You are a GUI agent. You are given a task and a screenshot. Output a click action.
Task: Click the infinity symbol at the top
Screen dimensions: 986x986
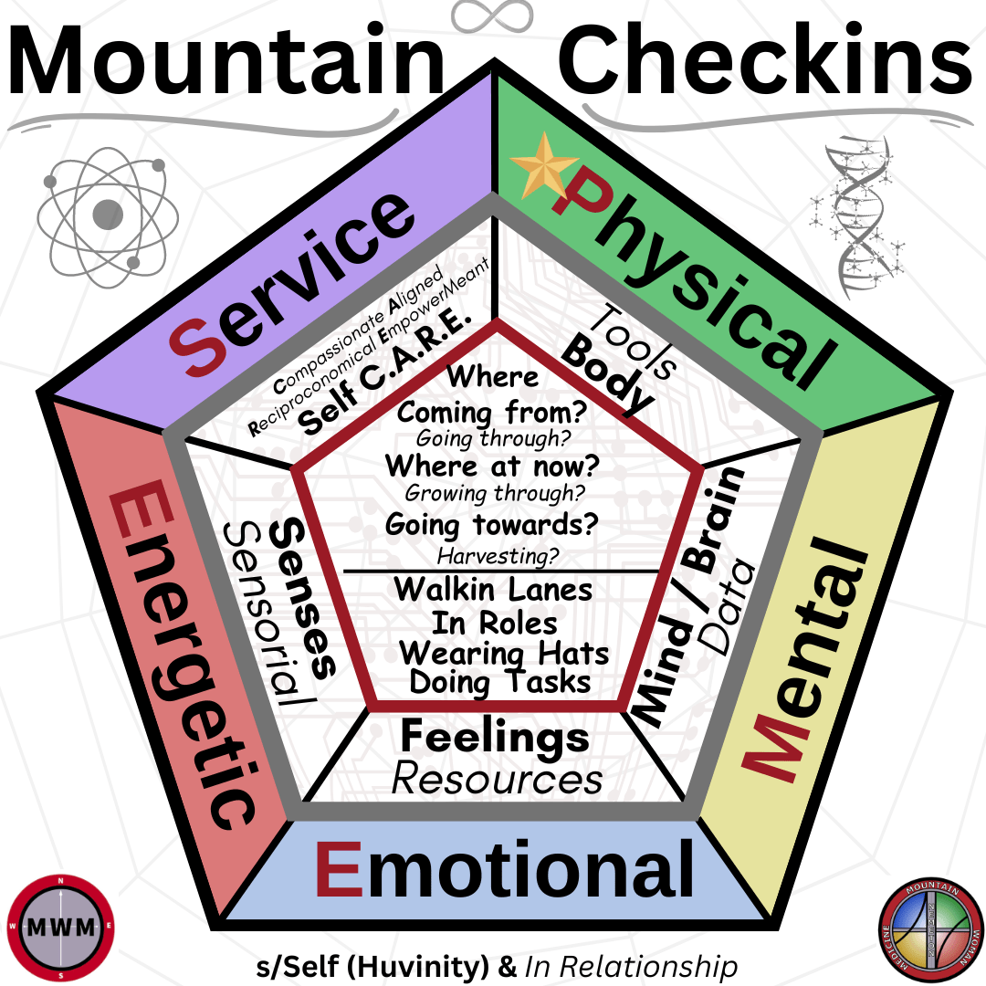tap(492, 16)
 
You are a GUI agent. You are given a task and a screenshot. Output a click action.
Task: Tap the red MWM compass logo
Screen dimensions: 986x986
tap(61, 924)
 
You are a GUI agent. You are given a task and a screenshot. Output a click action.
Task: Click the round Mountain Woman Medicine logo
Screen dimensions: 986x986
tap(924, 924)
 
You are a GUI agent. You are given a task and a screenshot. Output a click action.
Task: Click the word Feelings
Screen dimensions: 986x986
tap(495, 737)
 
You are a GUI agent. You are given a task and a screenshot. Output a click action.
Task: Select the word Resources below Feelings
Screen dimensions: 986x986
tap(497, 779)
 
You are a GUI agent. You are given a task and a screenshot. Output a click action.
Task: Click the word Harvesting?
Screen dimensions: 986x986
tap(498, 555)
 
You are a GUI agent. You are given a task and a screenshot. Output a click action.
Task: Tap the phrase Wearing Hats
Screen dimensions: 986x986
tap(504, 654)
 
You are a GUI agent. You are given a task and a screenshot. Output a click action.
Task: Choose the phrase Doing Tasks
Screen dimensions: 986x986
tap(499, 682)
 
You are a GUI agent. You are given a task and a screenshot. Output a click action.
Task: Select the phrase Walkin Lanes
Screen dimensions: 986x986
tap(493, 589)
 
